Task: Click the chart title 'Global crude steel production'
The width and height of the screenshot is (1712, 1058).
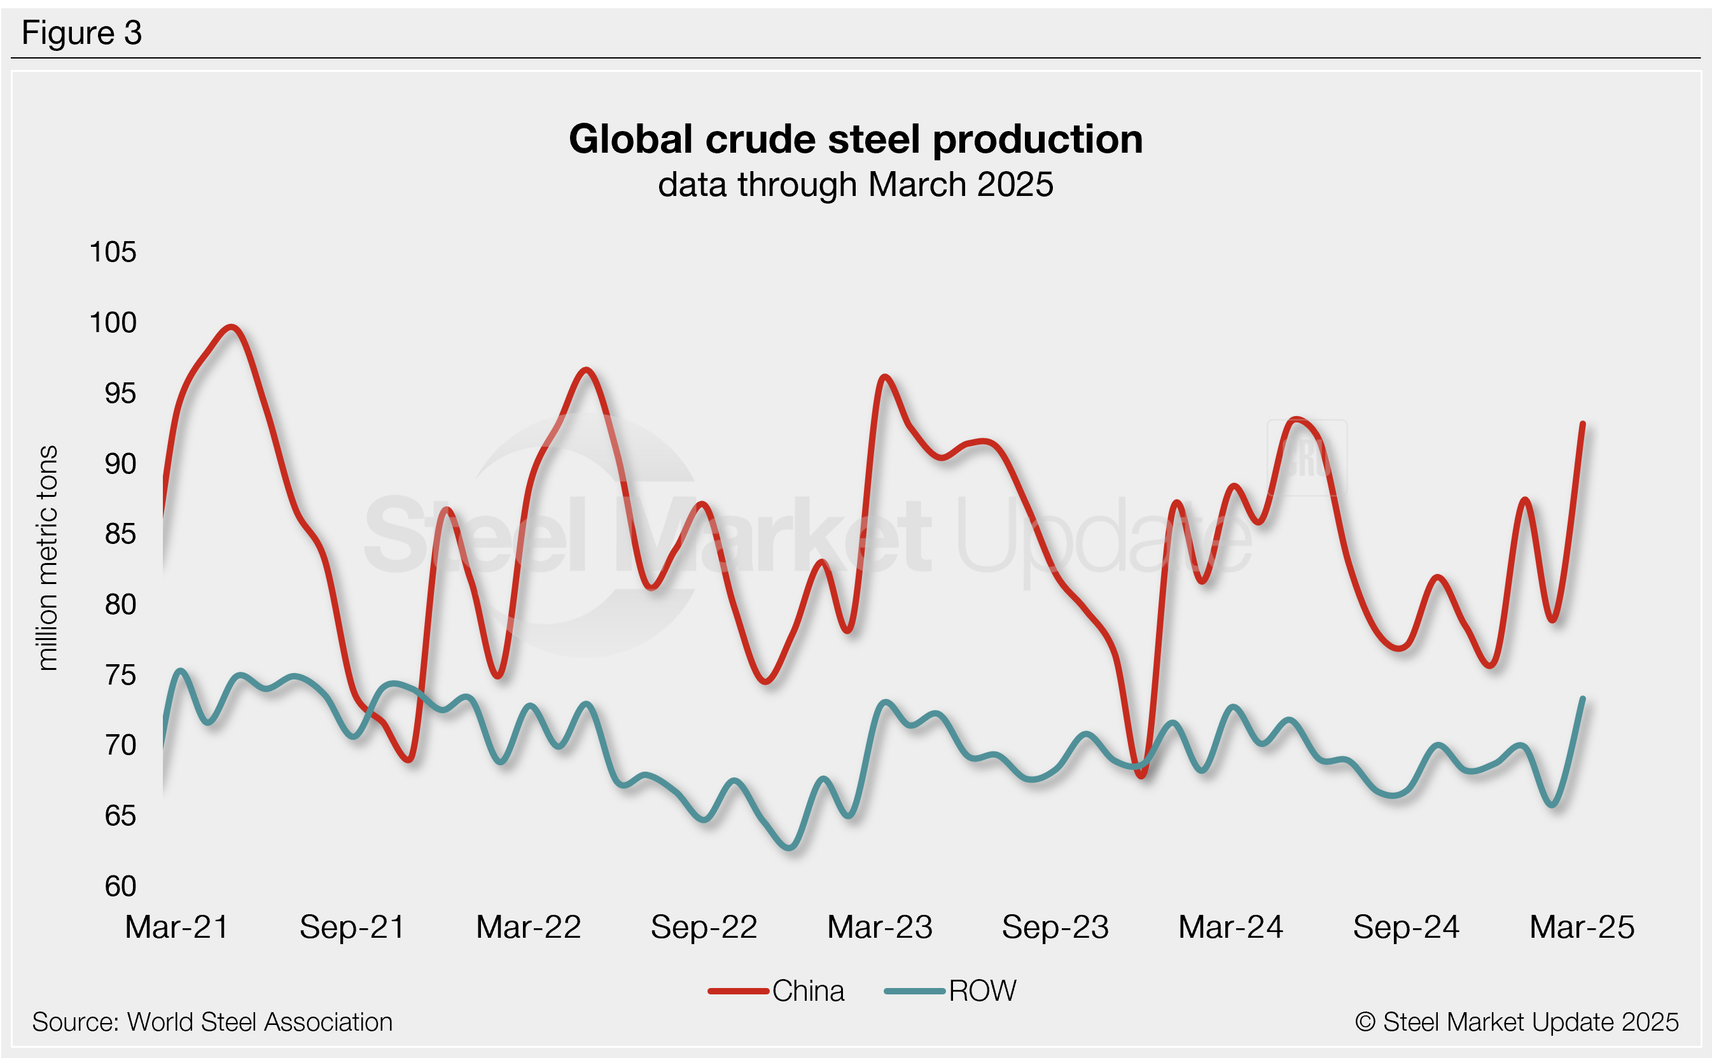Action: pyautogui.click(x=856, y=139)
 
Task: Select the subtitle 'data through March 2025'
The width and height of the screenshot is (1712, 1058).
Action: pyautogui.click(x=856, y=184)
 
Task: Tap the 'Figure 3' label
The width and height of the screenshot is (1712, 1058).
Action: pyautogui.click(x=82, y=33)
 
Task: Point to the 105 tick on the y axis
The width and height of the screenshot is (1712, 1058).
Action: pyautogui.click(x=113, y=252)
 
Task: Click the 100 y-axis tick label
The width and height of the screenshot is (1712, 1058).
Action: pyautogui.click(x=113, y=323)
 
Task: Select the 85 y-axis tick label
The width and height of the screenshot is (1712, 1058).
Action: pyautogui.click(x=120, y=534)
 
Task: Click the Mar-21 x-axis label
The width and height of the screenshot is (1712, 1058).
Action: pyautogui.click(x=176, y=927)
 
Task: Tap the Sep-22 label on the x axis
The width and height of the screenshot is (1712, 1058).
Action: pyautogui.click(x=704, y=927)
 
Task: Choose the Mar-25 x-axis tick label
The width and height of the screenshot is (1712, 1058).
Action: pyautogui.click(x=1582, y=927)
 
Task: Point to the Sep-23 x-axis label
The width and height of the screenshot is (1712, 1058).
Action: pyautogui.click(x=1055, y=927)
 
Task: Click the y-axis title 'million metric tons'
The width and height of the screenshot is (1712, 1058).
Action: pyautogui.click(x=47, y=558)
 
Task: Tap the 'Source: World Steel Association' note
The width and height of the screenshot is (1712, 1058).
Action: pyautogui.click(x=212, y=1022)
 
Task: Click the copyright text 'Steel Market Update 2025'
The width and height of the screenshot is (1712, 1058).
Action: pyautogui.click(x=1516, y=1022)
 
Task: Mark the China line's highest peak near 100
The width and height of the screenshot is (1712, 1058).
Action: pyautogui.click(x=231, y=327)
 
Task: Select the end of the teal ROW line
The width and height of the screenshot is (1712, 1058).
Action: pyautogui.click(x=1583, y=699)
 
